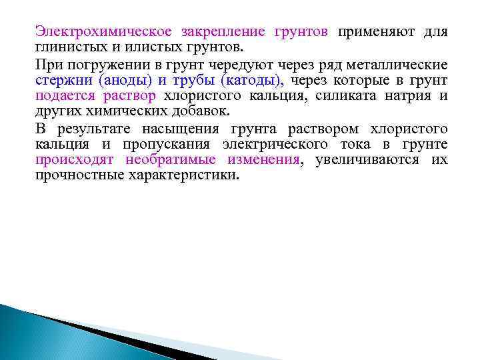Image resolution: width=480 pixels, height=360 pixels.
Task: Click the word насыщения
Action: pos(187,129)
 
